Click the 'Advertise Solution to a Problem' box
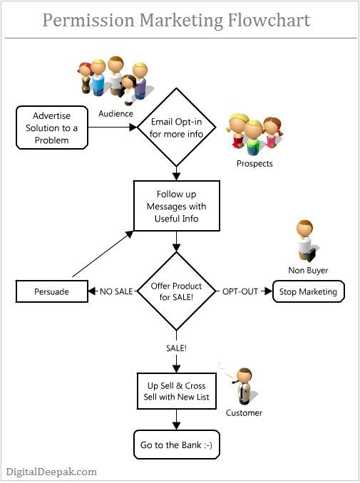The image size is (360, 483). tap(51, 128)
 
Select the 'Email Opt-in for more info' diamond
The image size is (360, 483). tap(176, 127)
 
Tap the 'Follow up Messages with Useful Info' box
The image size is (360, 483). tap(176, 207)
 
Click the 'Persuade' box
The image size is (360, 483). tap(51, 291)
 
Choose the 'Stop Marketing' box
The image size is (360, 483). tap(309, 291)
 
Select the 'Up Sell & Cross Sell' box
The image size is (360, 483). tap(176, 390)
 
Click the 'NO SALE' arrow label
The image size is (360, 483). tap(116, 291)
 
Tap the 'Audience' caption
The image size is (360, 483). tap(115, 113)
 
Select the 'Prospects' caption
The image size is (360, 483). tap(254, 164)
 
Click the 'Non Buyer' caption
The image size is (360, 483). tap(309, 270)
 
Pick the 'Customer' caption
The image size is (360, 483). tap(244, 412)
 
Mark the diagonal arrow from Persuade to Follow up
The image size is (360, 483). tap(102, 253)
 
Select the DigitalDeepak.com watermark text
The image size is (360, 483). tap(51, 471)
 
